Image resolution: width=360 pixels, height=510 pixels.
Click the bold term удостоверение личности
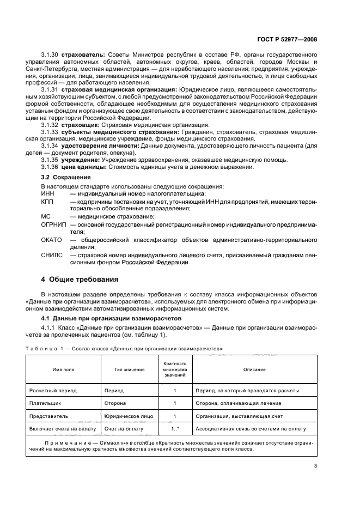pos(91,146)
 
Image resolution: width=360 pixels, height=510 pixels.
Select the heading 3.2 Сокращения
pos(66,178)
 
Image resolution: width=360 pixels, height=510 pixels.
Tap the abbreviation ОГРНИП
pos(53,224)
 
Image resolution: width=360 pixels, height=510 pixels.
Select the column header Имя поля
pos(63,369)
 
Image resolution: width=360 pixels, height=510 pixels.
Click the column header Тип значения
pos(129,369)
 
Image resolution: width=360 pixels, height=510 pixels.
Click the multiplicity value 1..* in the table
pos(174,428)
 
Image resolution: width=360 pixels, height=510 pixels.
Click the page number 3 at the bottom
pos(315,465)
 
